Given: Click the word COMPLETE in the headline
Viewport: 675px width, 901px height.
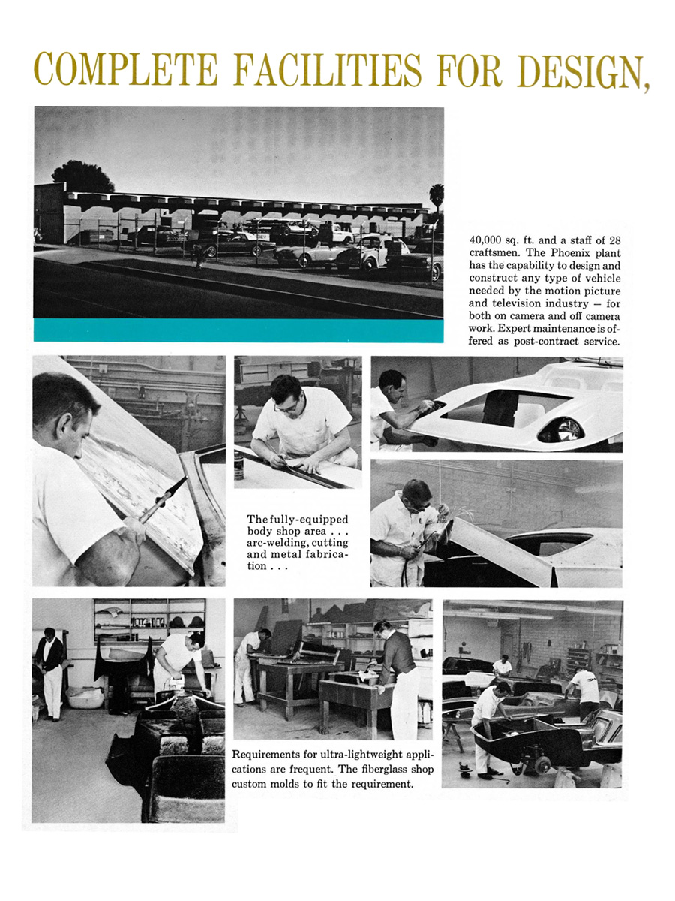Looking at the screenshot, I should [126, 70].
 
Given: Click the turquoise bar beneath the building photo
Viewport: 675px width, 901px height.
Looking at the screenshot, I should [238, 330].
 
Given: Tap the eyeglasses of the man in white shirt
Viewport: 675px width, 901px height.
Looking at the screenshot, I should [286, 408].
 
